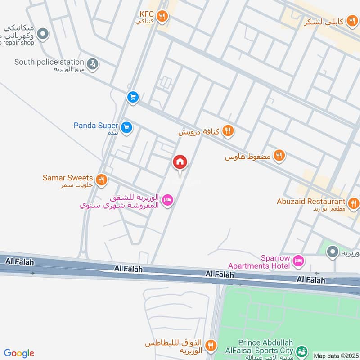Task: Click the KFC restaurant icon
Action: [x=163, y=17]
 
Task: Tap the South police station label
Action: [x=49, y=62]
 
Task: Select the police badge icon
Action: [x=92, y=64]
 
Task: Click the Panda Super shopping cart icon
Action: [x=126, y=127]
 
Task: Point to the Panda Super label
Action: [x=96, y=126]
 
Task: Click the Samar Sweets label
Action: [x=67, y=178]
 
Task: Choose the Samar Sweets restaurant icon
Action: [x=102, y=180]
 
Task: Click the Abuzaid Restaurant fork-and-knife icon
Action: [x=353, y=202]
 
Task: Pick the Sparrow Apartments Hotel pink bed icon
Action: [x=298, y=261]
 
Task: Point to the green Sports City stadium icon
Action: [x=303, y=350]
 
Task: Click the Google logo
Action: [x=19, y=353]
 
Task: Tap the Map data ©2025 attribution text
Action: [x=335, y=355]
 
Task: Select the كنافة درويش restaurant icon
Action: [x=228, y=131]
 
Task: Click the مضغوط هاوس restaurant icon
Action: [x=279, y=156]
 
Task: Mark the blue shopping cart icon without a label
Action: [x=132, y=97]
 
